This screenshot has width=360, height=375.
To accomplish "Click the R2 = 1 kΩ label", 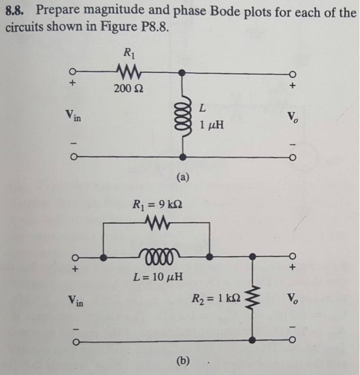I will [x=216, y=298].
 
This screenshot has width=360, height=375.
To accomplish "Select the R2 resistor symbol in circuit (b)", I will [x=251, y=298].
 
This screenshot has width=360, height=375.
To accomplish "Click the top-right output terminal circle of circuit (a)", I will [x=292, y=72].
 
